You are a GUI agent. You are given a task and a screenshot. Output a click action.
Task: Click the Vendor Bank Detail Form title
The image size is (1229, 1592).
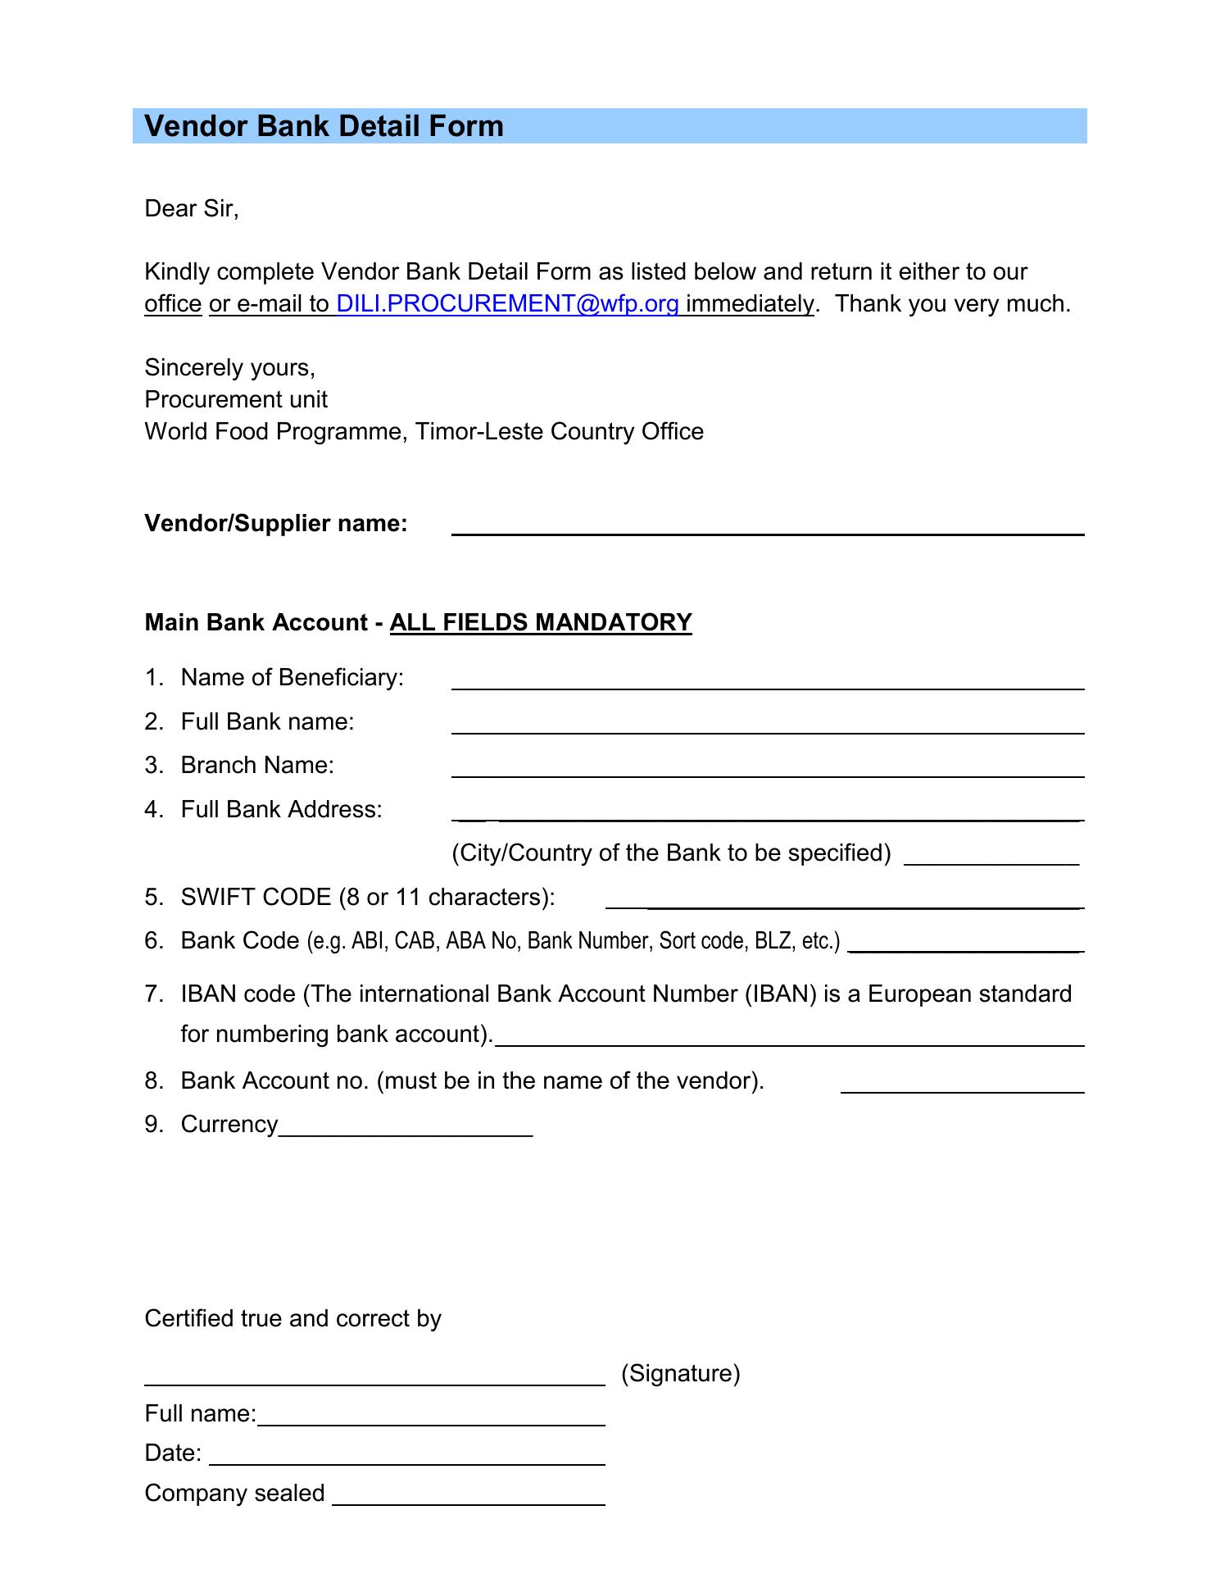point(324,126)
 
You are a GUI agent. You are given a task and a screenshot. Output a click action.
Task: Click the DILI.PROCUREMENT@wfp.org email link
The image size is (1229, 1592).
point(507,304)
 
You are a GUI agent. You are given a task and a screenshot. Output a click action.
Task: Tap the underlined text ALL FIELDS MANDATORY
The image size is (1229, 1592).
point(541,623)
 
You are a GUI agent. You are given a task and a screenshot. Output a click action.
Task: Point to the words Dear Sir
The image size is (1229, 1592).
point(191,209)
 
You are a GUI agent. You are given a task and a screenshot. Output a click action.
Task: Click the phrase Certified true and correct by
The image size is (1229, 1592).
point(293,1318)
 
